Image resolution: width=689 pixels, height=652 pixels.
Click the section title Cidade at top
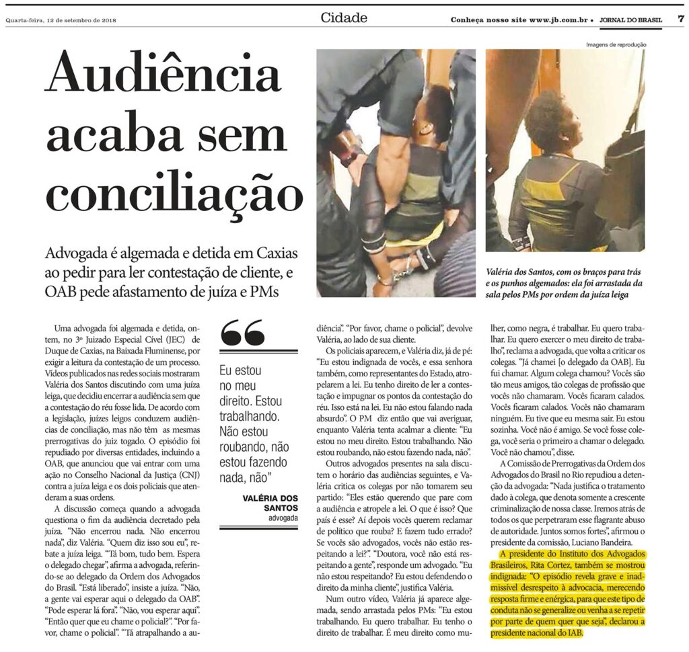tap(344, 18)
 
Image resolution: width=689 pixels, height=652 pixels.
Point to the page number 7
tap(680, 19)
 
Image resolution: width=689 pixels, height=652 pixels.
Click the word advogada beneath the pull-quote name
tap(283, 520)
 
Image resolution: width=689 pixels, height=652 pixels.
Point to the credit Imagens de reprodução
tap(616, 45)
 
